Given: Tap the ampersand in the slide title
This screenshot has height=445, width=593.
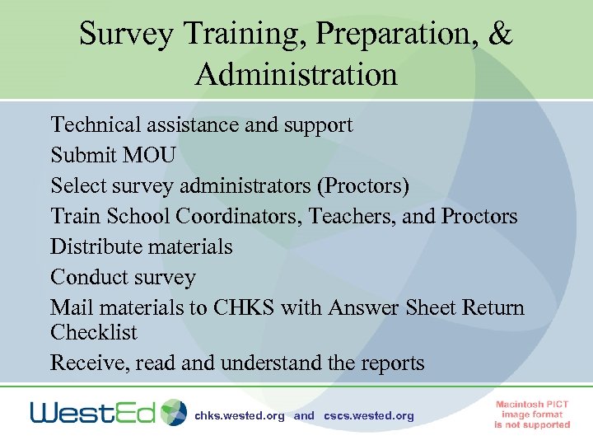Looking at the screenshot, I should (x=500, y=34).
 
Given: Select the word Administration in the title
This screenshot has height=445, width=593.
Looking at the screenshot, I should (x=296, y=75).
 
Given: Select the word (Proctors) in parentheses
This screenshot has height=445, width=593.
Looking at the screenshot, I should (x=362, y=185).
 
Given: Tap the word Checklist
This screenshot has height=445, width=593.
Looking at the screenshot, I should (x=94, y=333).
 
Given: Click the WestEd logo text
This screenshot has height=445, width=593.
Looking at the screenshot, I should (x=93, y=412).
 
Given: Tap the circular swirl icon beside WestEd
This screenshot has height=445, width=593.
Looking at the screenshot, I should (x=174, y=412).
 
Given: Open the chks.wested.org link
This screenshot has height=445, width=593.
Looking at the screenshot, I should (x=239, y=416).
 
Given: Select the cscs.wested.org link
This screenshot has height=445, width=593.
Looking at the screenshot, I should (x=369, y=416).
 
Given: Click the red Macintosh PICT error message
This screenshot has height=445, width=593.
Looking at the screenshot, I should (x=532, y=414).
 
